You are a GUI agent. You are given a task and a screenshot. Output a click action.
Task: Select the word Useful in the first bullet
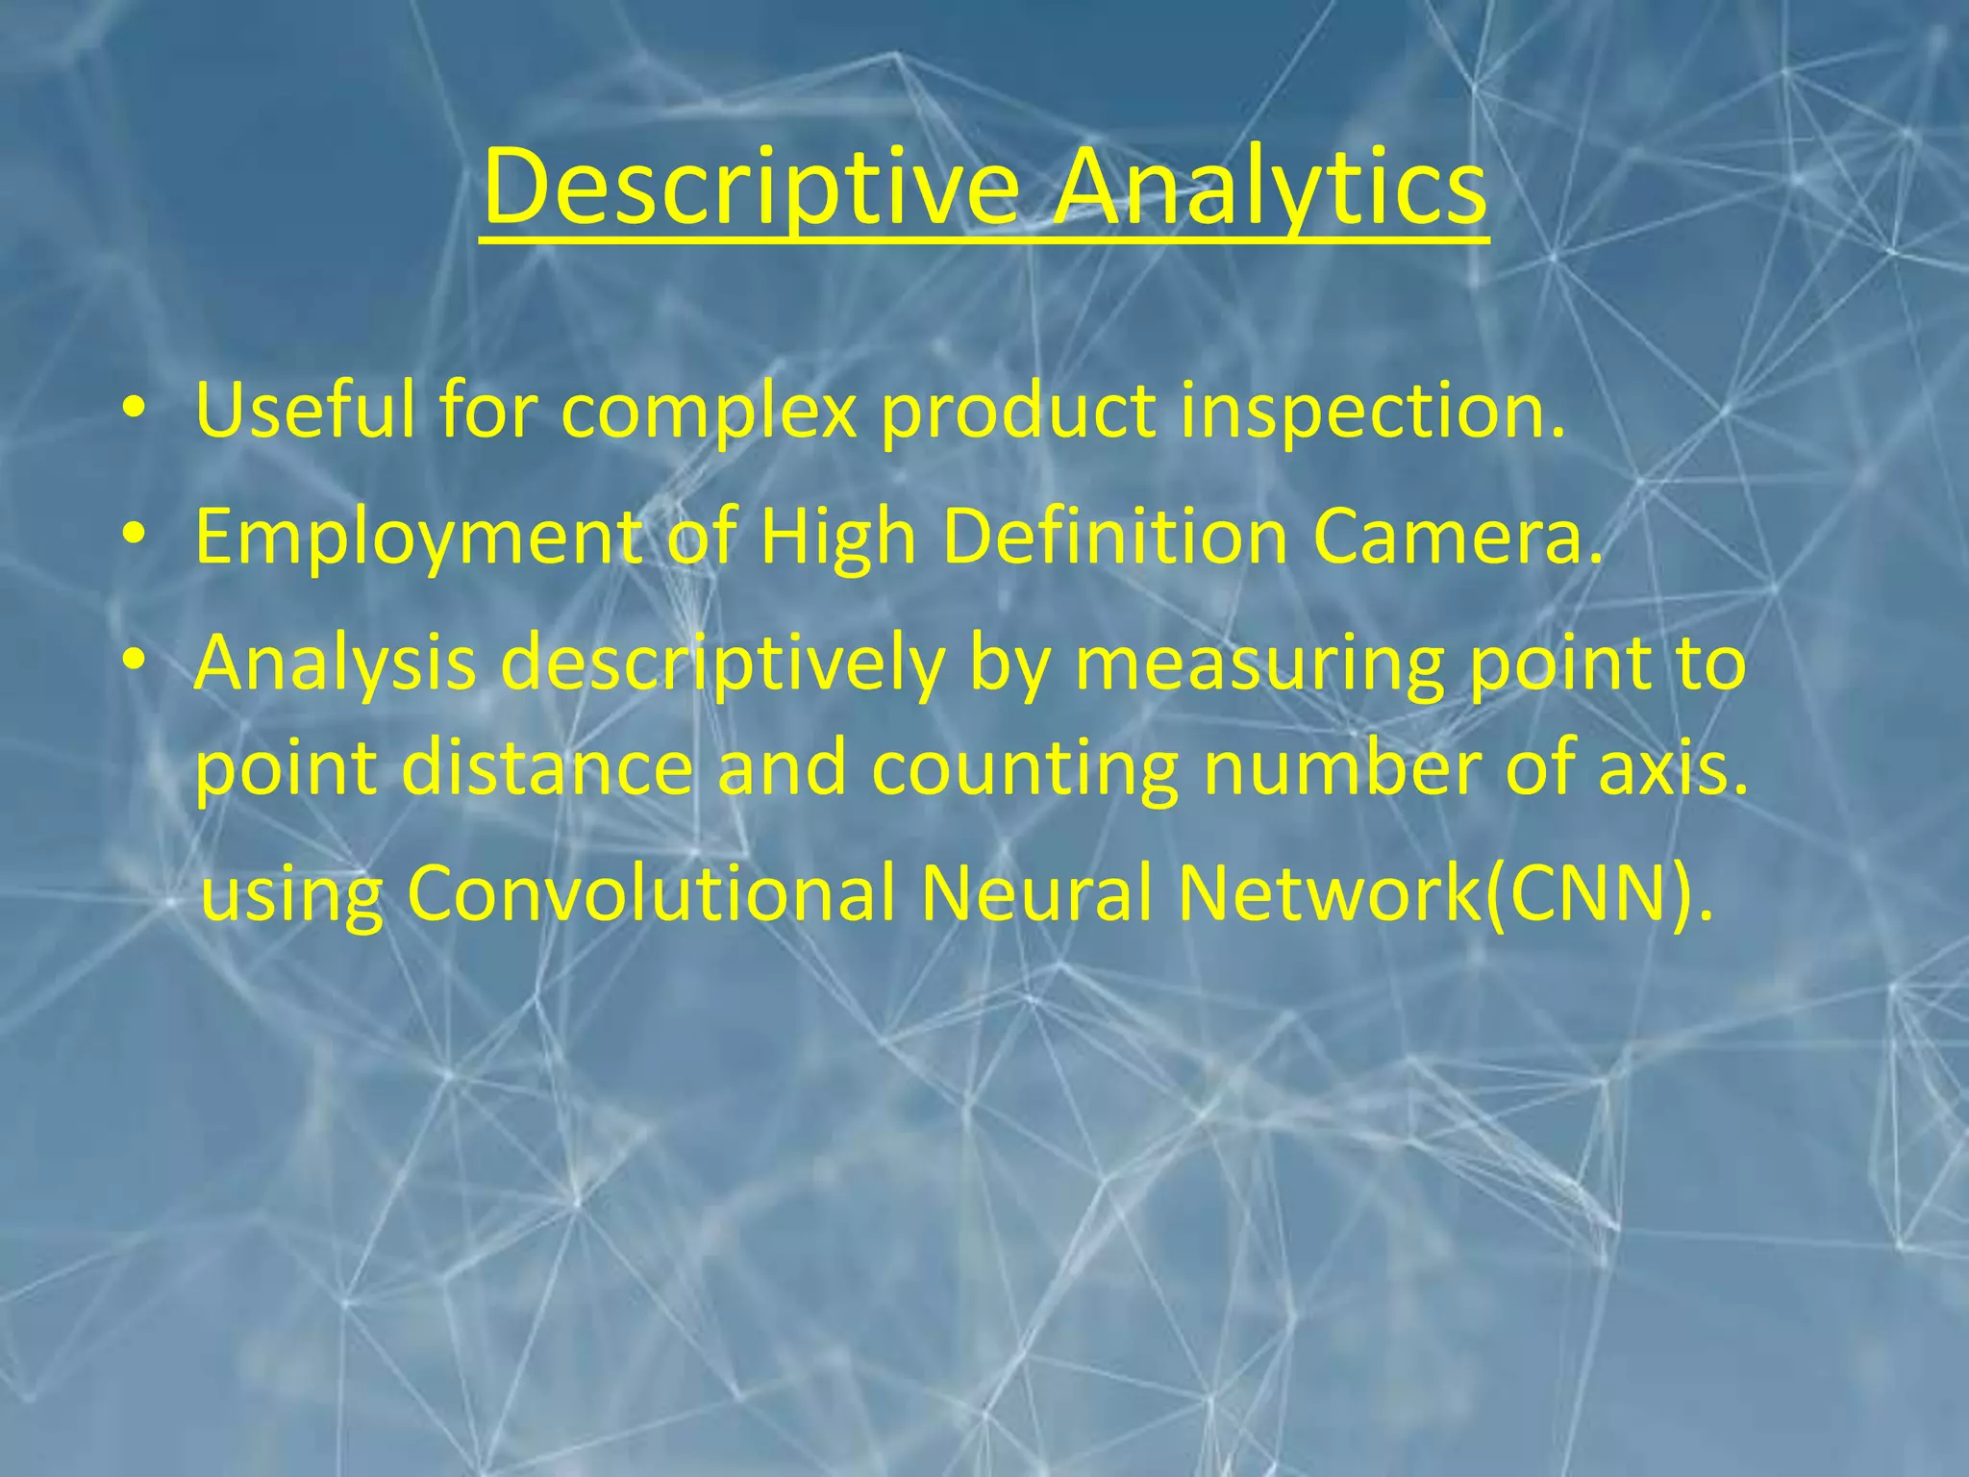306,411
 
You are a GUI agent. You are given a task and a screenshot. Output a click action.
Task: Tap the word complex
709,411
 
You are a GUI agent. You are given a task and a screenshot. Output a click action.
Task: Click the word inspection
1373,411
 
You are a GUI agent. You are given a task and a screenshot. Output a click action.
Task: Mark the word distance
546,768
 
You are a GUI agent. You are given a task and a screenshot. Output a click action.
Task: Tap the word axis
1674,768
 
